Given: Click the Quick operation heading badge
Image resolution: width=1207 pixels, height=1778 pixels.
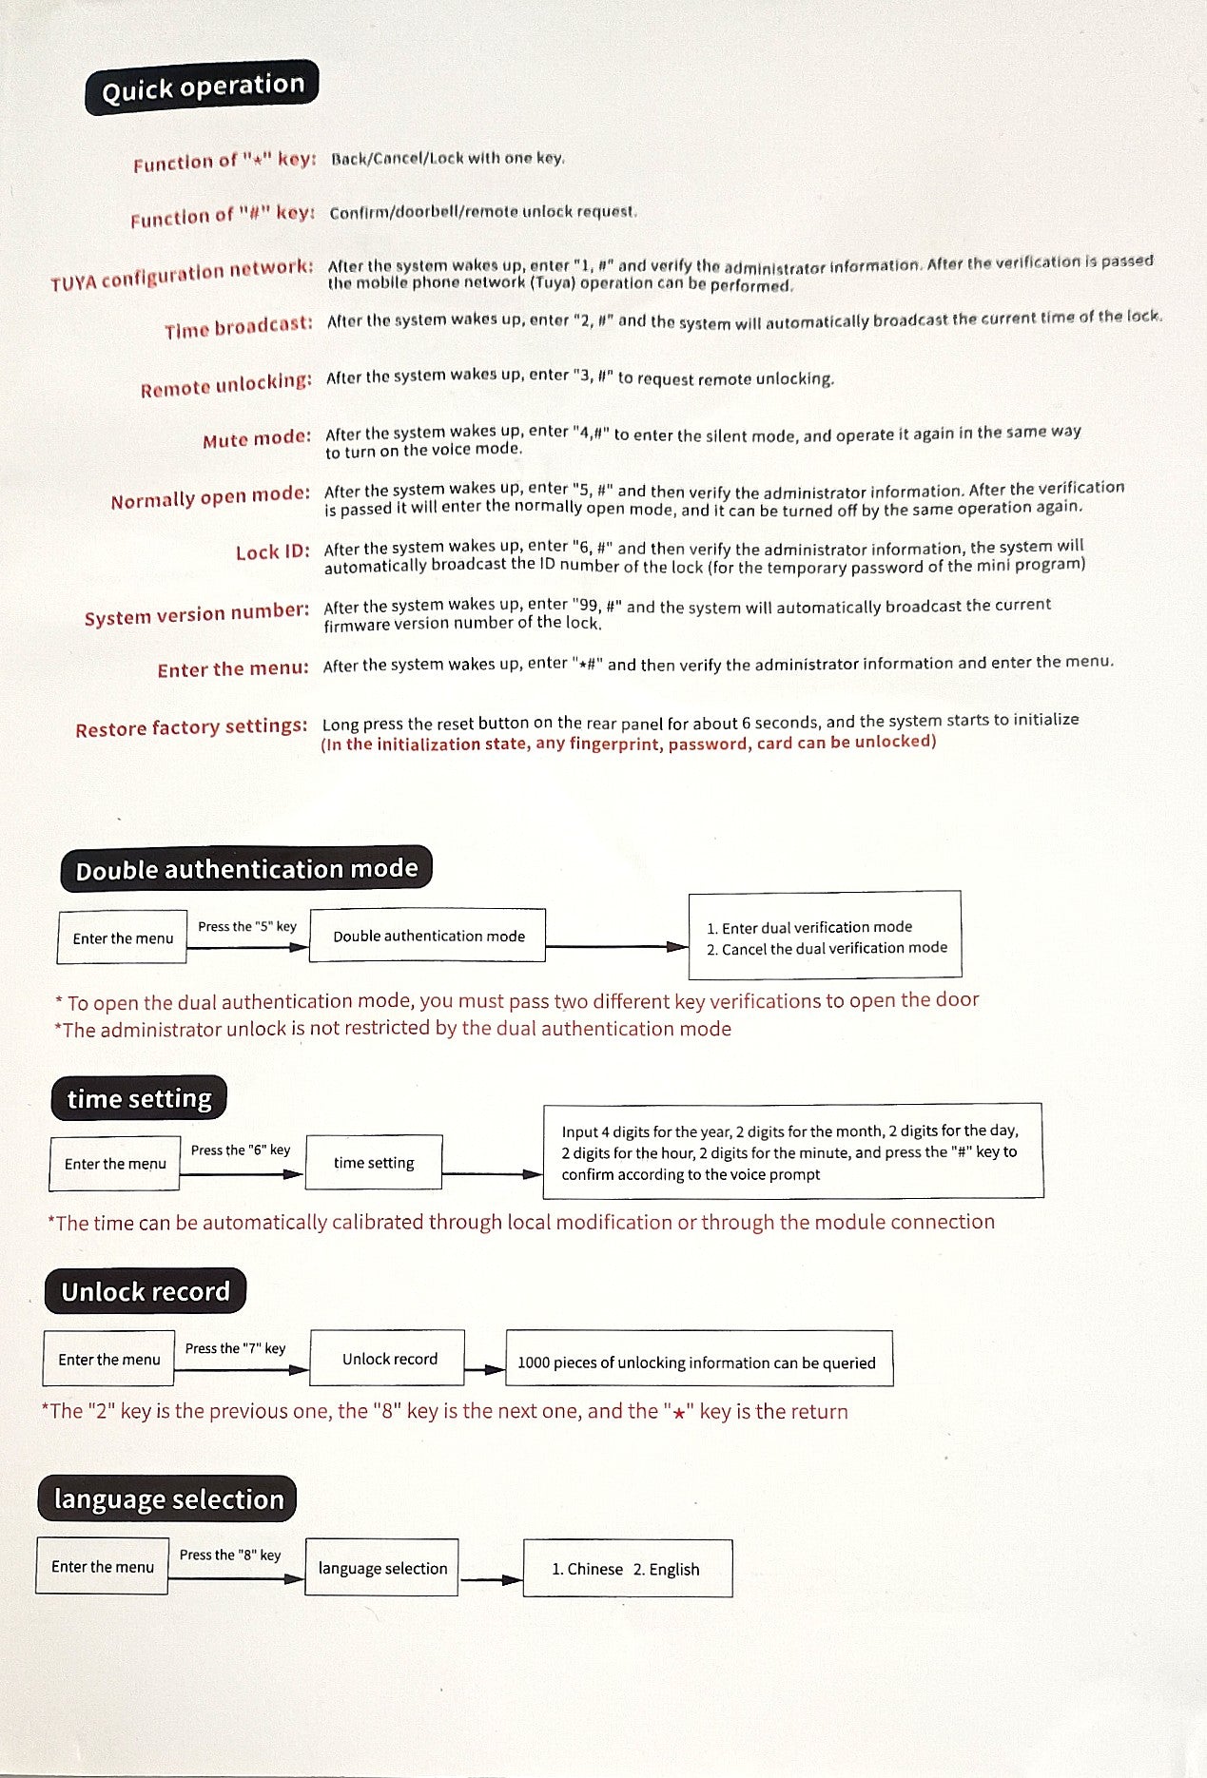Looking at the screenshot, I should (202, 87).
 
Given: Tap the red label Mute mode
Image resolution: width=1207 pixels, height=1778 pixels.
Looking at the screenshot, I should (256, 439).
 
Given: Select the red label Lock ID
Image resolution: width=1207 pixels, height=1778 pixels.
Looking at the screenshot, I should (272, 552).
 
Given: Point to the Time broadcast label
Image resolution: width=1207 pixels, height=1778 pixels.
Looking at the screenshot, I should (238, 327).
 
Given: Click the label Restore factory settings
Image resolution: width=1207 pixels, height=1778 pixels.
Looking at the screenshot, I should (191, 728).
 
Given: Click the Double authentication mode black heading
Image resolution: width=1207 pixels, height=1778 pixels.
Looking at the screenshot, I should (246, 869).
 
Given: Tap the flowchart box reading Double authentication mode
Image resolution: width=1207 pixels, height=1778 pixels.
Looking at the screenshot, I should (428, 937).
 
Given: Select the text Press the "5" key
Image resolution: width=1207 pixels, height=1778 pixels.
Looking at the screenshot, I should (247, 926).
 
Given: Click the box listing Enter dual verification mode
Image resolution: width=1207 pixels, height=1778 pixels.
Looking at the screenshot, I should (825, 937).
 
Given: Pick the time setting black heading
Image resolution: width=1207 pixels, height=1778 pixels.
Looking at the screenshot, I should (139, 1099).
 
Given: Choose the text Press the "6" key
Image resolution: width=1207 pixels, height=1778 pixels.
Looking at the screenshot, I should (241, 1150).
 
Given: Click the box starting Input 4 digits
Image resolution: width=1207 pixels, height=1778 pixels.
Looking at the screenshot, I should (792, 1151).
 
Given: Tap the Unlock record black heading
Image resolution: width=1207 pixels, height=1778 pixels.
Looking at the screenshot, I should (146, 1291).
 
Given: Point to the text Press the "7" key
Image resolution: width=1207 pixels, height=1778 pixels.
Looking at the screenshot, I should (235, 1348).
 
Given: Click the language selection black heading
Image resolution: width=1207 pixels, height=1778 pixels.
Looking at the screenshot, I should (168, 1499).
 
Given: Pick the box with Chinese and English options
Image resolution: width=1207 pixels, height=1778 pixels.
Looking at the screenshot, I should (627, 1569).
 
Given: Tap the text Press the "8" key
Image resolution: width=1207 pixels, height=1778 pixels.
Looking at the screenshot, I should (230, 1555).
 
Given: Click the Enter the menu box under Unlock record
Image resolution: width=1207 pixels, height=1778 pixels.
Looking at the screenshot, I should (109, 1360).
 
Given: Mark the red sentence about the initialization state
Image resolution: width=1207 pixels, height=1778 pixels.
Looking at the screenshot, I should (628, 743).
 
